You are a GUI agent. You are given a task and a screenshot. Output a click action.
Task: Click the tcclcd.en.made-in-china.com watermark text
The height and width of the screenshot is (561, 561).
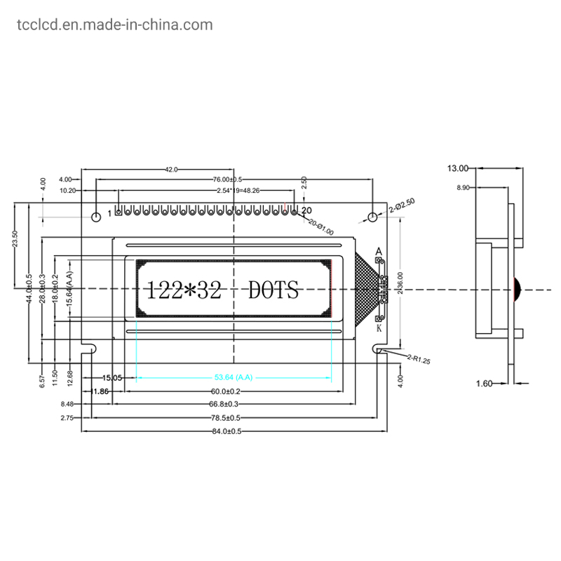pos(113,25)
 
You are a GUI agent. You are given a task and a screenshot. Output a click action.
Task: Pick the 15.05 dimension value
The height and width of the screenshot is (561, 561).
pos(112,377)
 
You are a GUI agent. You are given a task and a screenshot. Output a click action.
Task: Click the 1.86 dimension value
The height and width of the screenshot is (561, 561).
pos(101,391)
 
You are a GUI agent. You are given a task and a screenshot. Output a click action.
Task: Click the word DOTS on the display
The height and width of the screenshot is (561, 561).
pos(273,290)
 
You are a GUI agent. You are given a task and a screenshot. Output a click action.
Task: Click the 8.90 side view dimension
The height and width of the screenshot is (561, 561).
pos(463,188)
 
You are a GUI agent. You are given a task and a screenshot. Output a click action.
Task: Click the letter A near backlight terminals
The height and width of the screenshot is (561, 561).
pos(379,251)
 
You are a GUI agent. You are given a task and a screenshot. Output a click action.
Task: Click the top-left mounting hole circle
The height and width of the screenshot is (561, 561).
pos(96,213)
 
